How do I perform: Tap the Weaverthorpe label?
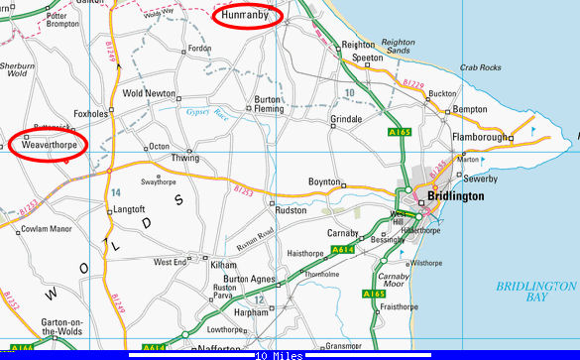click(49, 145)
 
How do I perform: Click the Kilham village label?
click(223, 266)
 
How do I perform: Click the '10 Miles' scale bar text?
click(280, 354)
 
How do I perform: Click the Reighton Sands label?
click(398, 47)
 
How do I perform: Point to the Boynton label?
click(323, 182)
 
